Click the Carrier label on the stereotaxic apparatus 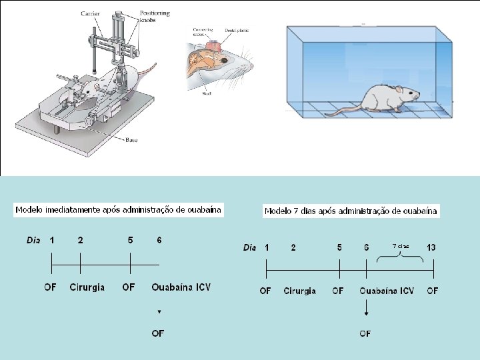click(x=91, y=13)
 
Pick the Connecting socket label click(x=202, y=33)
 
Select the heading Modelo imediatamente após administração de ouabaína click(x=118, y=209)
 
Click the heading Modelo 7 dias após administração click(x=351, y=211)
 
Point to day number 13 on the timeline click(x=431, y=247)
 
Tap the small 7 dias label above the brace click(x=400, y=246)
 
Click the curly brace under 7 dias click(x=399, y=257)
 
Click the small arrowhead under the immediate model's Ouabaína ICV click(x=159, y=311)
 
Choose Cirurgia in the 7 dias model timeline click(x=299, y=291)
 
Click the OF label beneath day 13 click(x=433, y=291)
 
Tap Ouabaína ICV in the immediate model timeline click(x=181, y=287)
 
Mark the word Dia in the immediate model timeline click(x=34, y=240)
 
